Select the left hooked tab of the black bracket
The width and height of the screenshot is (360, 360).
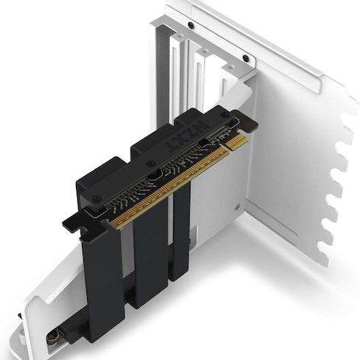click(x=72, y=219)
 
